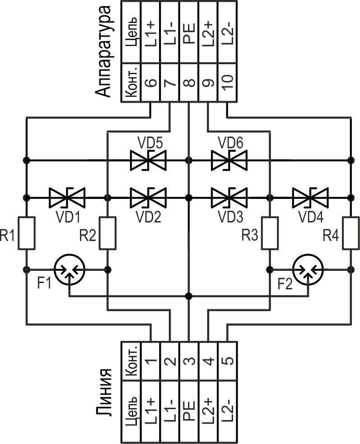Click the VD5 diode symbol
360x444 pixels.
148,160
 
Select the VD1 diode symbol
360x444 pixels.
67,198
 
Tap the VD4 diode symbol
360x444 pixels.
310,198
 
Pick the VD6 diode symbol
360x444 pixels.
229,160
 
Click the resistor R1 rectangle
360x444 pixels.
26,233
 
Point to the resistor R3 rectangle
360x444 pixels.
270,233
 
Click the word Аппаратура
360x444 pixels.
104,51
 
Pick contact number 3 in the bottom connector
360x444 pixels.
189,361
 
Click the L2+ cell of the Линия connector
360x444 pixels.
208,411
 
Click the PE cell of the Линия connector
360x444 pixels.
189,411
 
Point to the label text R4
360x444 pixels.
332,235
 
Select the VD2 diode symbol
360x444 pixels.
148,198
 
